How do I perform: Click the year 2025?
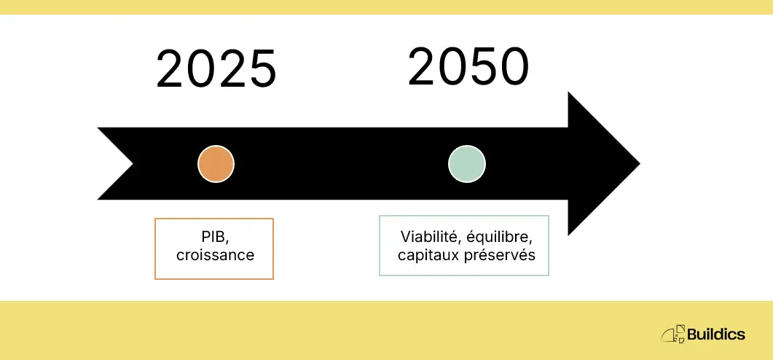(x=216, y=70)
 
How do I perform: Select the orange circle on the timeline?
(x=216, y=164)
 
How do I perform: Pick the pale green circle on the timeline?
(x=467, y=164)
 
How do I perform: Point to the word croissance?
(x=215, y=256)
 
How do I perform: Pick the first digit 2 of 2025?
(x=172, y=70)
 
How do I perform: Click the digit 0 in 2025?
(x=202, y=70)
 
